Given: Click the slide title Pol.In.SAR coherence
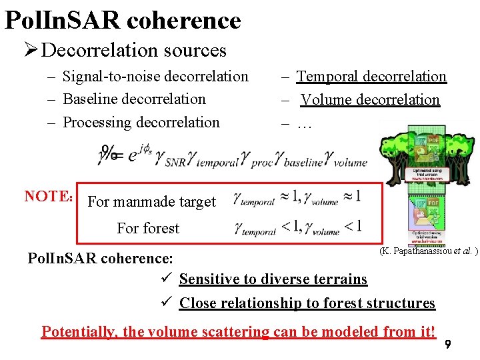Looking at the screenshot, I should click(x=122, y=20).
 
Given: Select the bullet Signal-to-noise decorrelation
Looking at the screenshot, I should click(x=155, y=77).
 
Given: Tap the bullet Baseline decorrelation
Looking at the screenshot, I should click(x=134, y=99).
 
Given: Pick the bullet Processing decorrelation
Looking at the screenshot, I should click(x=141, y=123).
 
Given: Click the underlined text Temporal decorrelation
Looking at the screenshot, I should click(x=371, y=77).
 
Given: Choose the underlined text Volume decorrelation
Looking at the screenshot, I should click(x=370, y=100).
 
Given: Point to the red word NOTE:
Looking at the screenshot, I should click(x=48, y=196).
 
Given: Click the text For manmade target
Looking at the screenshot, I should click(x=152, y=201).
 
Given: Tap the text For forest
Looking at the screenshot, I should click(x=148, y=228).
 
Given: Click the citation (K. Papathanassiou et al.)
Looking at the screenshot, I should click(x=428, y=251).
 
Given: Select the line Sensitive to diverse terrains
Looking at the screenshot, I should click(x=273, y=279).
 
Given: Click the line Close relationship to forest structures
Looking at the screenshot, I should click(x=307, y=303).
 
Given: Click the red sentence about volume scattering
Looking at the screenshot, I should click(x=238, y=331).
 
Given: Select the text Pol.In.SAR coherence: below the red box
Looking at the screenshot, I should click(x=101, y=258).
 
